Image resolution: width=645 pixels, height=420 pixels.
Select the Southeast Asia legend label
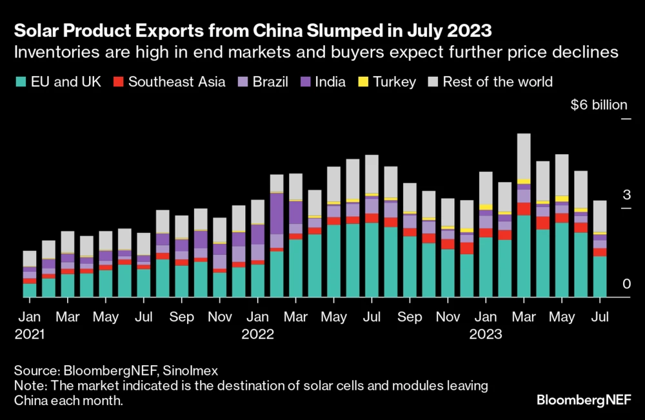(x=176, y=82)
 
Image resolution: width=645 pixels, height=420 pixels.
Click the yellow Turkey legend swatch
(x=362, y=82)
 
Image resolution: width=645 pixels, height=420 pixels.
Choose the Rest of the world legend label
(x=497, y=82)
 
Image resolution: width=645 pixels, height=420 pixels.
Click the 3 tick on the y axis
(x=607, y=195)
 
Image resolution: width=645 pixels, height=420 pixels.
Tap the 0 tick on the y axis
(x=606, y=285)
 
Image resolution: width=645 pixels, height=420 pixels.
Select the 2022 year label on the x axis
(x=258, y=335)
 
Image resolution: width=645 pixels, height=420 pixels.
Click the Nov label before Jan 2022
(x=220, y=317)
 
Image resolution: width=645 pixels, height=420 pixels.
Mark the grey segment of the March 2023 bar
(x=524, y=156)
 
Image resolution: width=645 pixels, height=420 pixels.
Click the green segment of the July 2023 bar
(x=600, y=276)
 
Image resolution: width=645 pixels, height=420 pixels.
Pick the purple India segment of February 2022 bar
(x=277, y=214)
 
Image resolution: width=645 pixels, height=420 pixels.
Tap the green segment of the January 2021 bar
(x=30, y=290)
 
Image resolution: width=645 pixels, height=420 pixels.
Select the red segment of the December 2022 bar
(x=467, y=248)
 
